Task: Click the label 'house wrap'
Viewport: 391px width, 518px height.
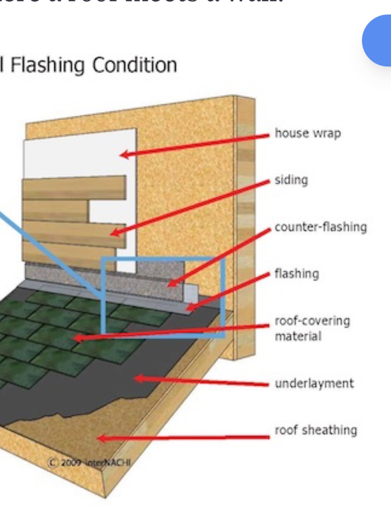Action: tap(307, 133)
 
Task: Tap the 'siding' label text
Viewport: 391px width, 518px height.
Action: tap(291, 180)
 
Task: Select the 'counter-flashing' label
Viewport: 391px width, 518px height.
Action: tap(321, 227)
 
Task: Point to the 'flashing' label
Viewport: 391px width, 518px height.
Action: tap(297, 274)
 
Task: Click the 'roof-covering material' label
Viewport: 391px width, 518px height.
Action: tap(312, 328)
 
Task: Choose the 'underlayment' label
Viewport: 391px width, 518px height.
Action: tap(314, 383)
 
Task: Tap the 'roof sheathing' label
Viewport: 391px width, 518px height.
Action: tap(316, 430)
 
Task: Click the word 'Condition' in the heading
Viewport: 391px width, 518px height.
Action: tap(135, 65)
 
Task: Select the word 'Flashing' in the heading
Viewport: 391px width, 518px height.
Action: tap(48, 65)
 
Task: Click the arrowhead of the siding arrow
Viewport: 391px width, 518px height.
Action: tap(114, 233)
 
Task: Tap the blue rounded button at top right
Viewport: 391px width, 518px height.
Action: tap(378, 40)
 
